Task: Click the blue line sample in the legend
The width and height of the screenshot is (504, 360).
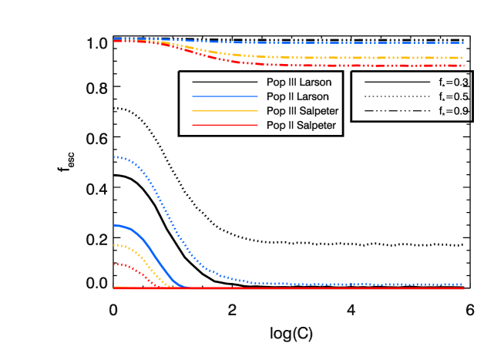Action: point(225,96)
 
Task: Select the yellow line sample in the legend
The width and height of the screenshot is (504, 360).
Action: point(225,111)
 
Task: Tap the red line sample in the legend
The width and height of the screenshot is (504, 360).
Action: point(225,125)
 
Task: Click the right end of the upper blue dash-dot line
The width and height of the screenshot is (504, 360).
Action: point(463,43)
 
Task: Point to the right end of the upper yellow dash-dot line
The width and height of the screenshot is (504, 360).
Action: point(463,58)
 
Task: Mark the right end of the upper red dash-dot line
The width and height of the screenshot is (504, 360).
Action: point(463,66)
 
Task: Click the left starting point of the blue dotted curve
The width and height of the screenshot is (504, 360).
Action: point(114,157)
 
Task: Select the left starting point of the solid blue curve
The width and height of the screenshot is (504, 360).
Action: point(114,226)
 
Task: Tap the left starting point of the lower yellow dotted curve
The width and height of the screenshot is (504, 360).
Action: point(114,245)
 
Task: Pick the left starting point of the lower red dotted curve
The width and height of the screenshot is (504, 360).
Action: point(114,264)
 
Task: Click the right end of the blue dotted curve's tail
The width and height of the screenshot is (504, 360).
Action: point(463,284)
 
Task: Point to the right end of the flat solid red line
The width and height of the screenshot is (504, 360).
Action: point(463,288)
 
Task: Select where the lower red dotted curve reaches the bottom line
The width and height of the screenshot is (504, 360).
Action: point(161,288)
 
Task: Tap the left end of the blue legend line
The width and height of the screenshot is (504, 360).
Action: point(193,96)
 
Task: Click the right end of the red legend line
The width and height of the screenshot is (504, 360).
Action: point(257,125)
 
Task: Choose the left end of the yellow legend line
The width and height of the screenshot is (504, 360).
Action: point(193,111)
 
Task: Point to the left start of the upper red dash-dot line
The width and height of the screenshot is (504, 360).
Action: point(114,41)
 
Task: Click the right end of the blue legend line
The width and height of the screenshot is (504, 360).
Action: point(257,96)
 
